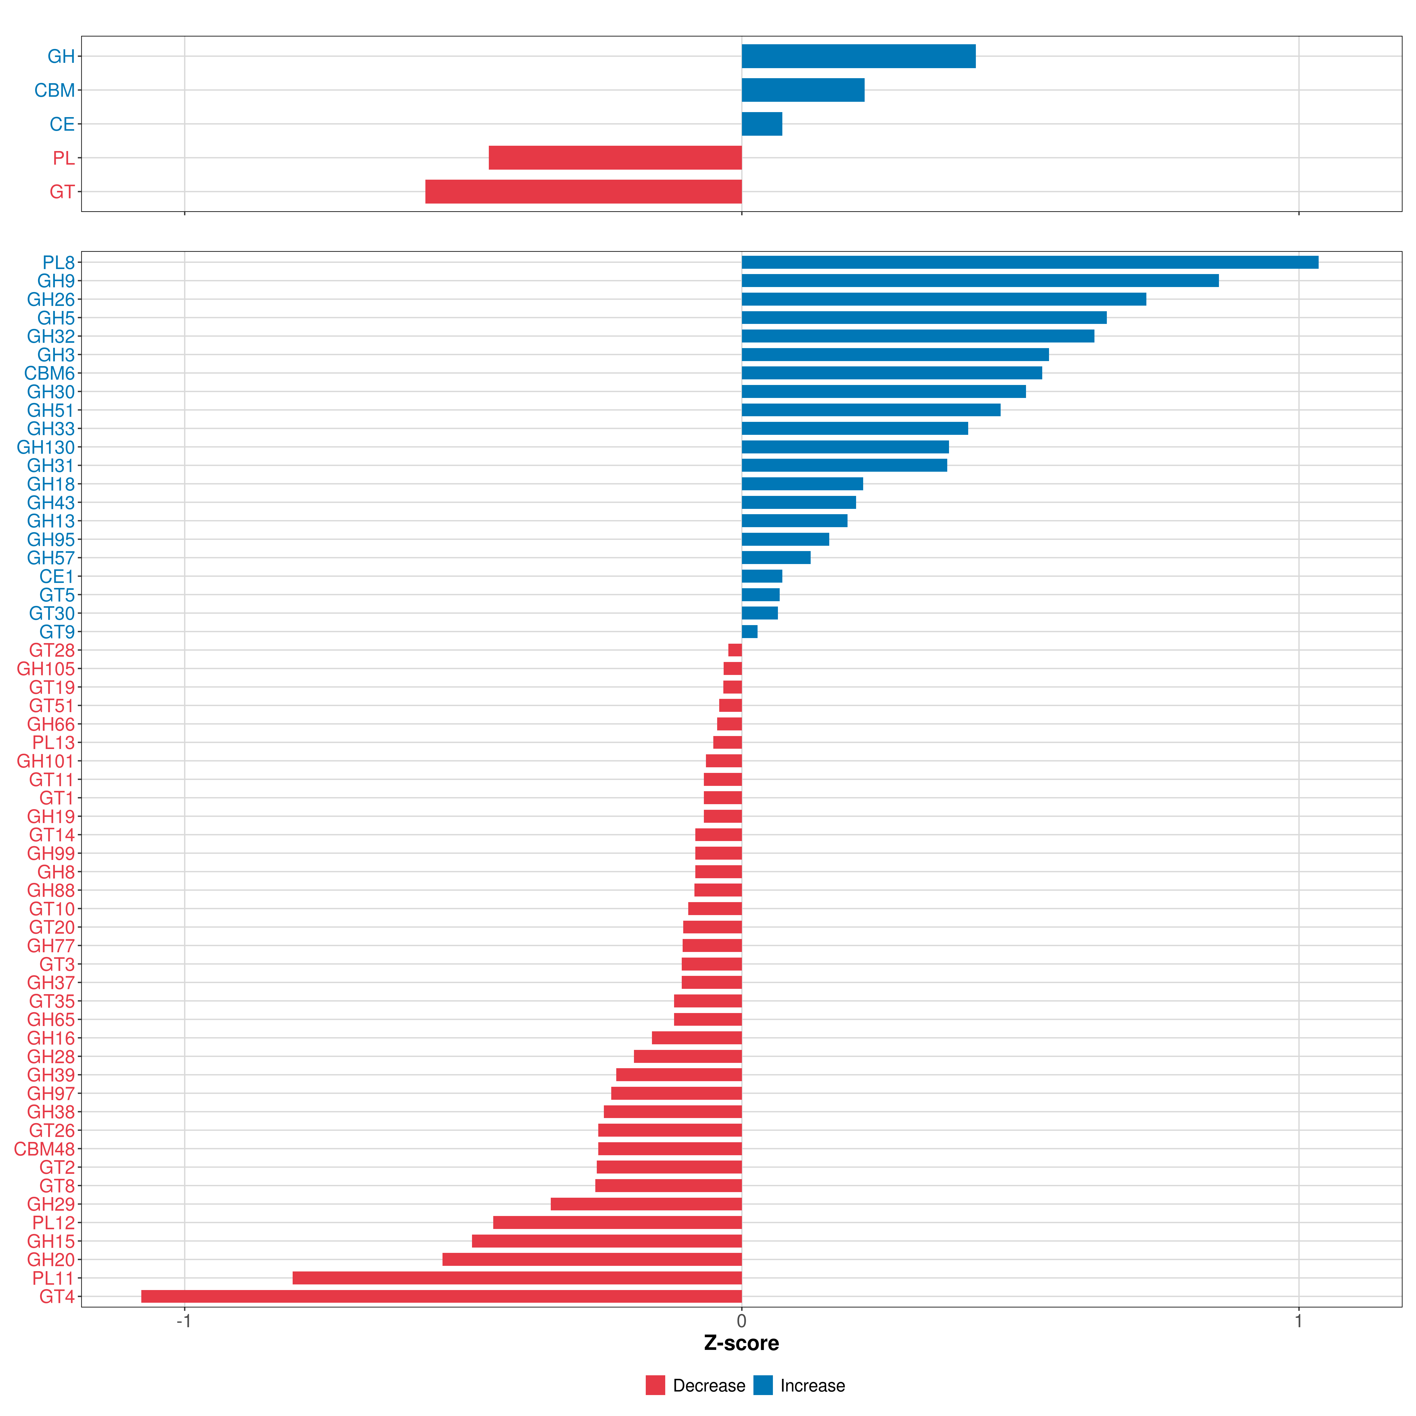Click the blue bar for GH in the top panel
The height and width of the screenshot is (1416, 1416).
click(x=858, y=56)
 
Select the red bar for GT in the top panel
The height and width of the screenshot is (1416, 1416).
click(x=584, y=192)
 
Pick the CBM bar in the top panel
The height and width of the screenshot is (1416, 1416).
click(x=802, y=90)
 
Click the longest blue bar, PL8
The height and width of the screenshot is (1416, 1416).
click(x=1030, y=262)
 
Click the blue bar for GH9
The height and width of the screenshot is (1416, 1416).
click(x=980, y=281)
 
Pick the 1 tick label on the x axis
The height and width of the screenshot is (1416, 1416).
click(x=1299, y=1322)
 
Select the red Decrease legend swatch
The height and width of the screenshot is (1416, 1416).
click(x=655, y=1385)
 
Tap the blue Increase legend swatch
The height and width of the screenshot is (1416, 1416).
click(x=763, y=1385)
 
